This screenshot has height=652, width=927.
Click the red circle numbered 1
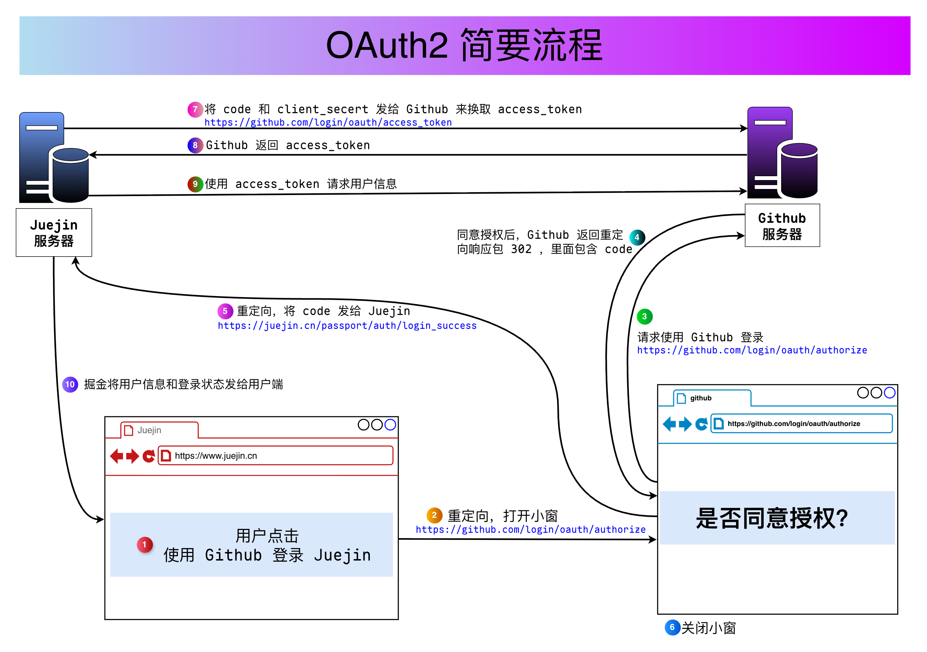(x=144, y=545)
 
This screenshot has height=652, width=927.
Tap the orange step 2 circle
(x=434, y=515)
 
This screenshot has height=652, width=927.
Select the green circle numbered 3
(x=644, y=316)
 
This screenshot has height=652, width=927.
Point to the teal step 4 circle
(x=637, y=237)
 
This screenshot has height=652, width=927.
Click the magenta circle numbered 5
(x=225, y=311)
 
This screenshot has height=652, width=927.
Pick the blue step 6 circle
(x=672, y=627)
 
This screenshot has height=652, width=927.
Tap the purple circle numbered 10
(x=70, y=384)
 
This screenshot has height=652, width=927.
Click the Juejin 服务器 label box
(x=54, y=232)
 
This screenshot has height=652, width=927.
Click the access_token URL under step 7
(x=328, y=122)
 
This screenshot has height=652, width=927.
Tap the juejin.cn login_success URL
(x=347, y=326)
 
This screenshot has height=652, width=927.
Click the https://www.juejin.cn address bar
(x=275, y=456)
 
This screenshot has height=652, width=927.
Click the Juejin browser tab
(x=159, y=430)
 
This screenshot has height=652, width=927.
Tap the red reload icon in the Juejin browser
(x=149, y=456)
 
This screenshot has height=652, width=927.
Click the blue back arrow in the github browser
(x=669, y=424)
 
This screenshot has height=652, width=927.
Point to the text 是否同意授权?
(x=772, y=518)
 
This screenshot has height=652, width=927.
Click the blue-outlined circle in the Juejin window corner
(x=390, y=425)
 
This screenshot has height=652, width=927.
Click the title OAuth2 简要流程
(x=464, y=45)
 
